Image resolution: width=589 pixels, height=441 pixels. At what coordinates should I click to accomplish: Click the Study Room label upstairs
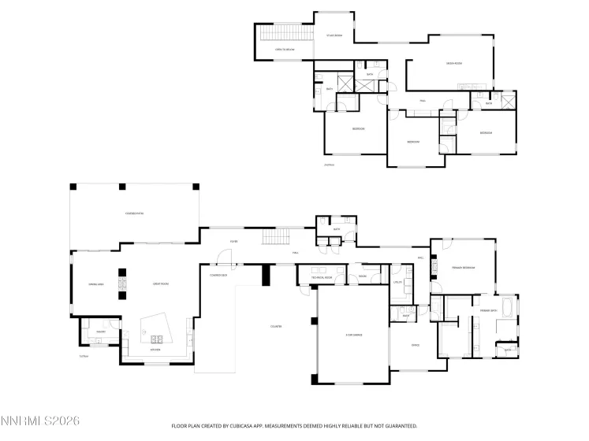pos(334,35)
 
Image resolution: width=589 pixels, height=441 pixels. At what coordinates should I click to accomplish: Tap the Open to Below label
pos(285,50)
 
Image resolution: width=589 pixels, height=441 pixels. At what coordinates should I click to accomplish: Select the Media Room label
pos(453,63)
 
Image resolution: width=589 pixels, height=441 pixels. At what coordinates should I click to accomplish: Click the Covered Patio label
pos(134,213)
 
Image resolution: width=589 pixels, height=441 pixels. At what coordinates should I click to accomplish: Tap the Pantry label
pos(101,332)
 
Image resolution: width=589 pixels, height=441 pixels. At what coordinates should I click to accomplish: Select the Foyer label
pos(234,241)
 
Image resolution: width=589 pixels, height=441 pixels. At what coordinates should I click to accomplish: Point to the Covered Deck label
pos(218,276)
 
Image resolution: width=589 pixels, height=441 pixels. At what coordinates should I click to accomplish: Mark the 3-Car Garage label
pos(353,335)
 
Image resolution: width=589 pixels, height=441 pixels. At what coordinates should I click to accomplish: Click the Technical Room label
pos(321,277)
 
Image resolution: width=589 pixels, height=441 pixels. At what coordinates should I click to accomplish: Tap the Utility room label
pos(398,281)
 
